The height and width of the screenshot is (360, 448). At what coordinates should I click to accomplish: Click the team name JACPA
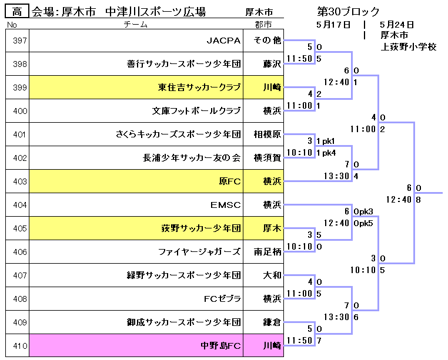(223, 41)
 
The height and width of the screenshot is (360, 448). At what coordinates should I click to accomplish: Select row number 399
(20, 88)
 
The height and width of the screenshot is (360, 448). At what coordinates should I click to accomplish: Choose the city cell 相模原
(268, 134)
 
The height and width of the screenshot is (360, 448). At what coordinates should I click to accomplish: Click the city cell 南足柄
(268, 252)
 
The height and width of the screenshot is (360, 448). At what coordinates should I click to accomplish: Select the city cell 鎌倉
(272, 322)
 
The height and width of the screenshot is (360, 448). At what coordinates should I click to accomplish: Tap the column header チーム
(136, 25)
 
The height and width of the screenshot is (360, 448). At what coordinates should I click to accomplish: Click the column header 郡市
(263, 25)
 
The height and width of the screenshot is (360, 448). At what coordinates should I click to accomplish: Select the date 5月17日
(333, 25)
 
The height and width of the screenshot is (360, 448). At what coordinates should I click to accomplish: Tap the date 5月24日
(397, 25)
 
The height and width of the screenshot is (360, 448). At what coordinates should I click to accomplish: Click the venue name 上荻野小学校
(408, 46)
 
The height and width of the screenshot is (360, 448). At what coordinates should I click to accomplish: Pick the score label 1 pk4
(326, 153)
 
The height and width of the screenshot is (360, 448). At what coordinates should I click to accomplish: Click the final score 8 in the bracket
(417, 200)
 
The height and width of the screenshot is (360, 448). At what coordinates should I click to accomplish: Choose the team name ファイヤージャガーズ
(199, 252)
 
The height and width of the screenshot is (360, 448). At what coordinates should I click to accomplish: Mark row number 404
(20, 205)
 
